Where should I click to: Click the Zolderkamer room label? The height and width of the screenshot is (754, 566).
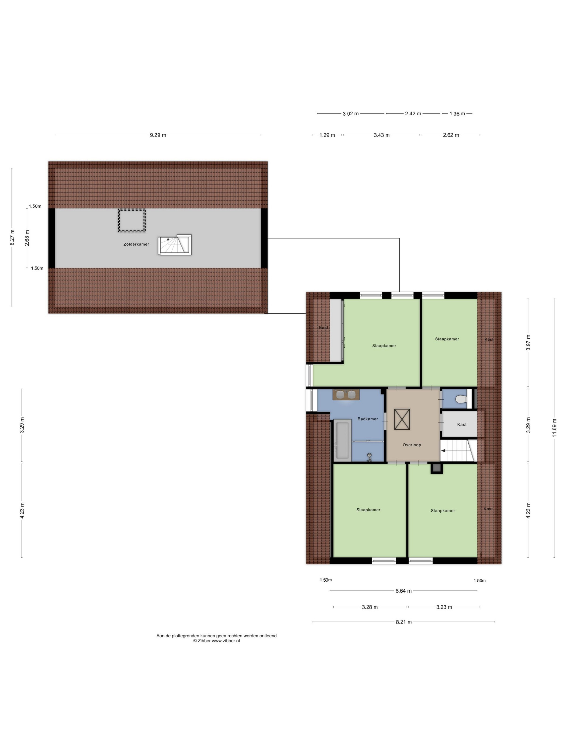[x=136, y=244]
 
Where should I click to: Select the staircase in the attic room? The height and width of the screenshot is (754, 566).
[x=174, y=245]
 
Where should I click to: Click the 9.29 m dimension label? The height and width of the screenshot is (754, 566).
[x=158, y=135]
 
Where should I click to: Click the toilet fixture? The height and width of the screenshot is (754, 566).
[x=461, y=399]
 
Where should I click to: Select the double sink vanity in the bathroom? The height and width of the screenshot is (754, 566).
[x=346, y=395]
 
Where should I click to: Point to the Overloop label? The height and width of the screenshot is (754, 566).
[x=412, y=445]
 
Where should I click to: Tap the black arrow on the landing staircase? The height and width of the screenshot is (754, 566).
[x=443, y=451]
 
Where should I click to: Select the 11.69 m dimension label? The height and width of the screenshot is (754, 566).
[x=554, y=428]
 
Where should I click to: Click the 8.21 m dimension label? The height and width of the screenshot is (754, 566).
[x=403, y=622]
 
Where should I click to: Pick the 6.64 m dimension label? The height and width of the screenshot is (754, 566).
[x=403, y=591]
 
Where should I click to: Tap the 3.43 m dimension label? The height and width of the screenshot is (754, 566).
[x=381, y=135]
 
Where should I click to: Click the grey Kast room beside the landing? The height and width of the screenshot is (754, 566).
[x=459, y=424]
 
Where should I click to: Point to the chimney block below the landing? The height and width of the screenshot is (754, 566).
[x=436, y=468]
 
